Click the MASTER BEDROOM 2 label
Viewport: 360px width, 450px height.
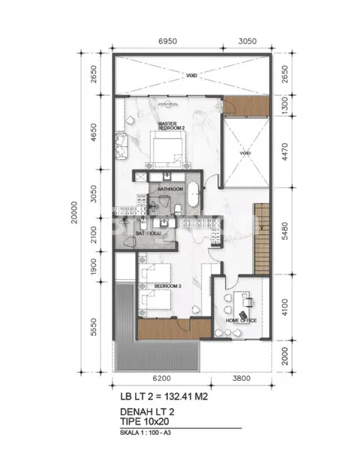pos(172,124)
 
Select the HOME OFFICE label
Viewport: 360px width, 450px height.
pos(242,320)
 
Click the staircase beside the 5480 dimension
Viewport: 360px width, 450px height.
pos(262,238)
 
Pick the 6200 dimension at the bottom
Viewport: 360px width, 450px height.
pos(155,379)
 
